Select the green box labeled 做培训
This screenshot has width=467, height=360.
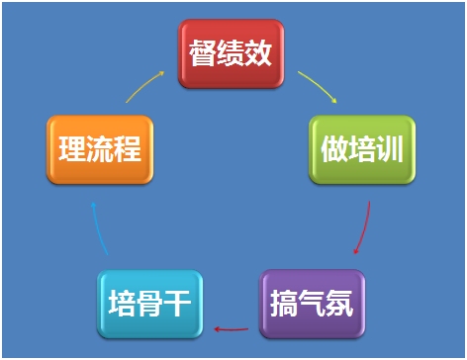[362, 149]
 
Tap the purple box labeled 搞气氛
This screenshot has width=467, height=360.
[313, 301]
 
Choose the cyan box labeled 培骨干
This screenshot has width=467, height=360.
[150, 303]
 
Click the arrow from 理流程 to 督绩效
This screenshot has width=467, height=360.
[145, 85]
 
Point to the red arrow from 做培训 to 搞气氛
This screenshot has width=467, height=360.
[364, 226]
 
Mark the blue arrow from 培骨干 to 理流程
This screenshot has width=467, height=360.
[96, 226]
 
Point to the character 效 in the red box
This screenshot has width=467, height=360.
[259, 51]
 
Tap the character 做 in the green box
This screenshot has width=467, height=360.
[332, 150]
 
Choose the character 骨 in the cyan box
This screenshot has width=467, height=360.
[150, 304]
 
